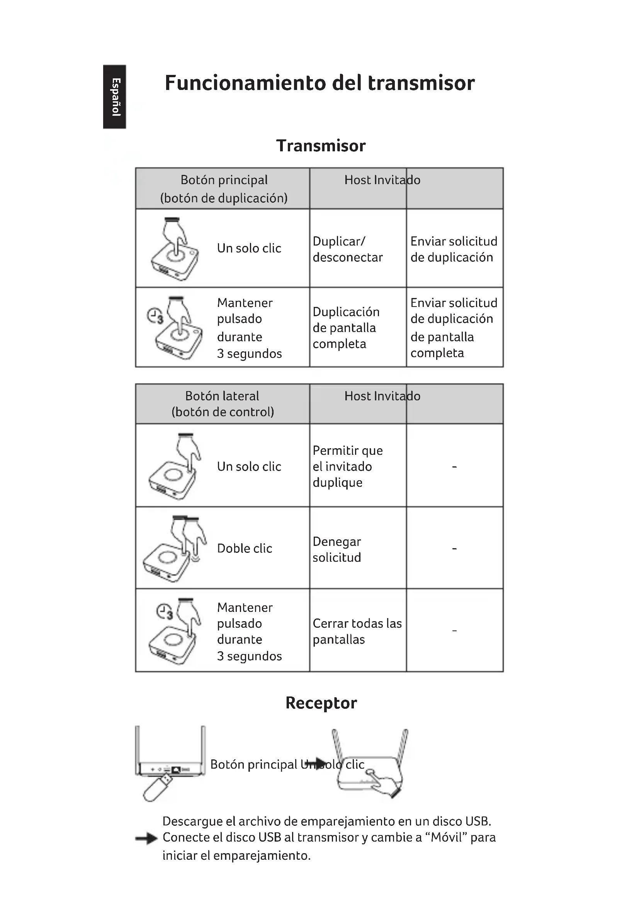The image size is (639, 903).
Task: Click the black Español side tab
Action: [114, 97]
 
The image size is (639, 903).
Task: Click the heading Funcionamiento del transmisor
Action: [319, 83]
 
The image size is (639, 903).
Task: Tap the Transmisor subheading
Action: [321, 146]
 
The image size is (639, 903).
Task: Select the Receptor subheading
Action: [321, 703]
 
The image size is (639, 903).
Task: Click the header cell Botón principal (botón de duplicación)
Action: [223, 189]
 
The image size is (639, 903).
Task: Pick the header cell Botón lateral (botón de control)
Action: [222, 404]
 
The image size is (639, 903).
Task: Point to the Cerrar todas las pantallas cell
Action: [357, 631]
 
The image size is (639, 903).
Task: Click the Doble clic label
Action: [244, 548]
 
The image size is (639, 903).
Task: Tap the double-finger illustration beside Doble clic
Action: [175, 548]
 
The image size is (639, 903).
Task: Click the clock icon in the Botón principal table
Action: [155, 315]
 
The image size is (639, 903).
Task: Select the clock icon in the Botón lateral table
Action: [165, 612]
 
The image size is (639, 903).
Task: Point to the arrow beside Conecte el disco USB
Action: [146, 839]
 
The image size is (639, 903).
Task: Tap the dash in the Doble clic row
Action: [454, 548]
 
